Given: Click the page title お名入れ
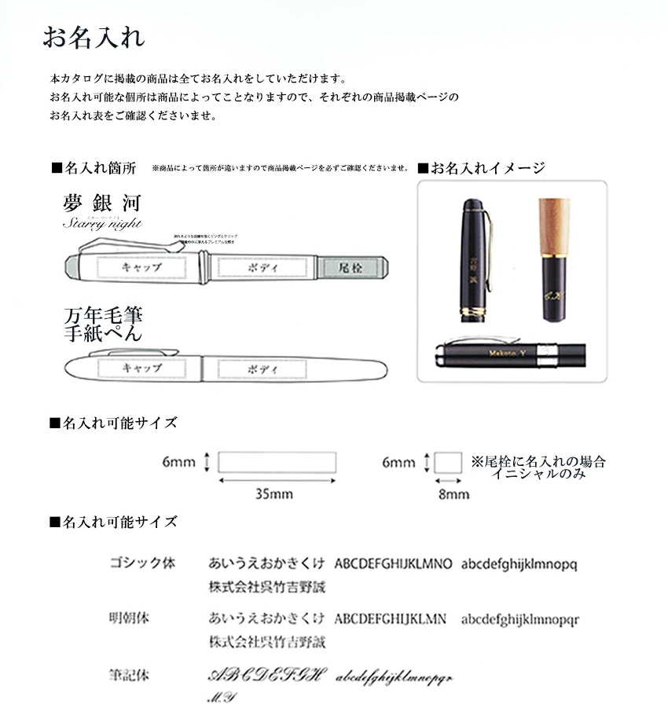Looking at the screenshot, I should tap(93, 38).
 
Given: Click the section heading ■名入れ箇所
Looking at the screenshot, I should tap(94, 168).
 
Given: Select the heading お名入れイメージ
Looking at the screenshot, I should tap(481, 168).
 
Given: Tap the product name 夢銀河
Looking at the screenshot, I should tap(101, 203).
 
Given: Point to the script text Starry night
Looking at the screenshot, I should tap(102, 224).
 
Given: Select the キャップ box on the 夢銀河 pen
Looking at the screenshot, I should tap(141, 267).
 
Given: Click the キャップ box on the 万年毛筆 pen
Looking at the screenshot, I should tap(141, 368).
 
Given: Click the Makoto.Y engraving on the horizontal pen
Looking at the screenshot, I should tap(509, 353).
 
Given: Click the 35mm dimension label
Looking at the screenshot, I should tap(274, 494).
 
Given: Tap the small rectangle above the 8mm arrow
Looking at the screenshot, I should tap(448, 463).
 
